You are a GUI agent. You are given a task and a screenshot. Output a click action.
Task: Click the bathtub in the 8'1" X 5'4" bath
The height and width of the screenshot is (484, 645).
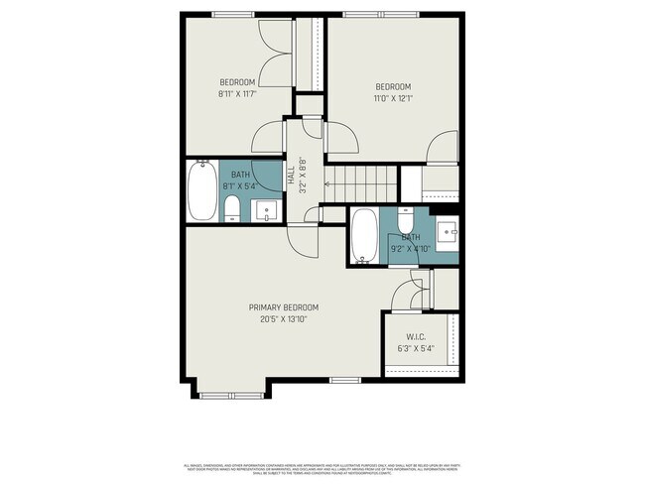click(x=202, y=190)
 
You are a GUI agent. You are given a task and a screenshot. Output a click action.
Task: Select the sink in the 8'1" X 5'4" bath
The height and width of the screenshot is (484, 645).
click(x=266, y=209)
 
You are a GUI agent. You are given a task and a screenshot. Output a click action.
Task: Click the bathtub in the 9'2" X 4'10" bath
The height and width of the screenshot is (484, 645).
click(x=364, y=237)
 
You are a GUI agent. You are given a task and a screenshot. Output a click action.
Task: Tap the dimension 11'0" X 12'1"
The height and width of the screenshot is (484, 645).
click(x=392, y=98)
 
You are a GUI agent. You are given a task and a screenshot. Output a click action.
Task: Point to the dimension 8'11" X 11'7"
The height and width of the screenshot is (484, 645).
click(x=237, y=93)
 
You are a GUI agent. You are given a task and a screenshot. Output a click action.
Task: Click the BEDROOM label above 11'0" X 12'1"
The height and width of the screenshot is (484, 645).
click(x=392, y=86)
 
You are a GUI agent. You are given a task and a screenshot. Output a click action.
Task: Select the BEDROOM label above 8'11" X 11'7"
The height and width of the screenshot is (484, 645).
click(x=237, y=81)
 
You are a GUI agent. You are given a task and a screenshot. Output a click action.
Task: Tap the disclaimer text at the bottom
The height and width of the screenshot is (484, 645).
click(x=322, y=468)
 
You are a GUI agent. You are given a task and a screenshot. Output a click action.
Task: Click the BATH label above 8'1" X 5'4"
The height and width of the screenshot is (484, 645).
click(x=241, y=173)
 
